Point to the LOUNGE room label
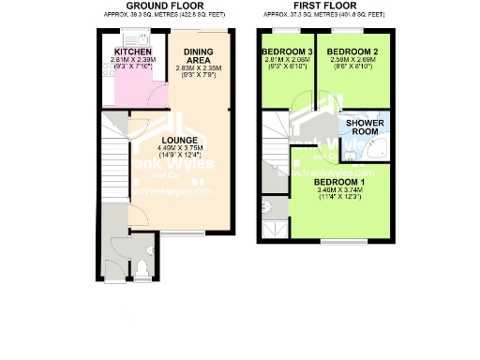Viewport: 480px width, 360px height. coord(178,141)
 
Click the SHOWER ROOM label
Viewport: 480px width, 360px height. coord(366,127)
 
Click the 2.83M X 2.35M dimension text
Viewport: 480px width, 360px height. coord(198,67)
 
